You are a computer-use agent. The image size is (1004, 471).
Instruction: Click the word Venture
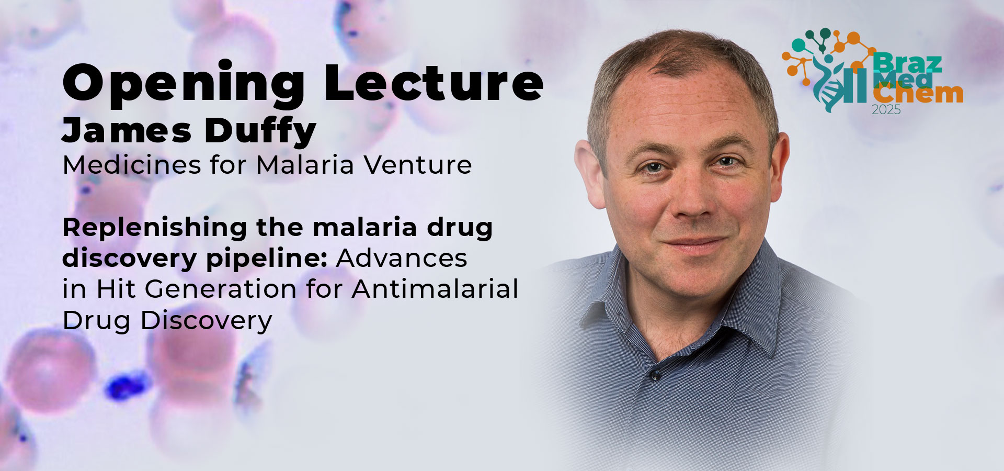418,165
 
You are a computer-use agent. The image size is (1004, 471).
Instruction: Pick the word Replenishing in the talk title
154,228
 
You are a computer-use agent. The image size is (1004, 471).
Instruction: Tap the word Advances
402,258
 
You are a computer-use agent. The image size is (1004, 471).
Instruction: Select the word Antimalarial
435,289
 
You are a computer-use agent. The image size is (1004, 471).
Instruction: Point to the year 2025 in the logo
886,110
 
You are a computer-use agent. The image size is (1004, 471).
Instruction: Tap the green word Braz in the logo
907,63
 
